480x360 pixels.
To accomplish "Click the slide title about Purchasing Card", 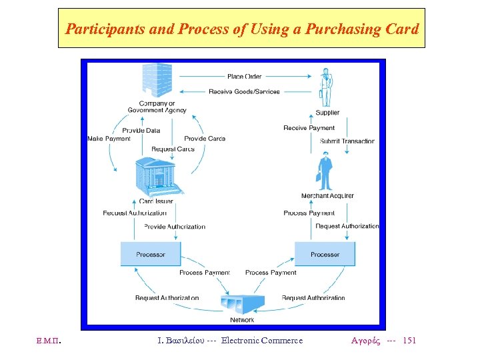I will click(241, 29).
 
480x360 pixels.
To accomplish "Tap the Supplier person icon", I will click(326, 87).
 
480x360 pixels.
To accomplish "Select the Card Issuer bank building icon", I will click(156, 177).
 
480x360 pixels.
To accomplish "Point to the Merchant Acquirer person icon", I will click(325, 172).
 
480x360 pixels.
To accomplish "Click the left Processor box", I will click(151, 254).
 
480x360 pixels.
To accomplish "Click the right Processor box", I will click(325, 254).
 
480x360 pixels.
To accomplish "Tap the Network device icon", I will click(241, 303).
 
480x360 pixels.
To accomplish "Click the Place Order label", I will click(245, 77).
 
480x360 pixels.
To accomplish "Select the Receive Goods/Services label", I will click(244, 91).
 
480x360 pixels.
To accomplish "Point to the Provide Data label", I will click(141, 131).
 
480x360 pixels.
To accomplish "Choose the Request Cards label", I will click(173, 149).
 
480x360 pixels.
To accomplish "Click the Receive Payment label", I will click(309, 128).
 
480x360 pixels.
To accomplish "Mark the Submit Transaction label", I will click(347, 141).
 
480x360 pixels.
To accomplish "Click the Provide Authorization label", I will click(175, 227).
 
